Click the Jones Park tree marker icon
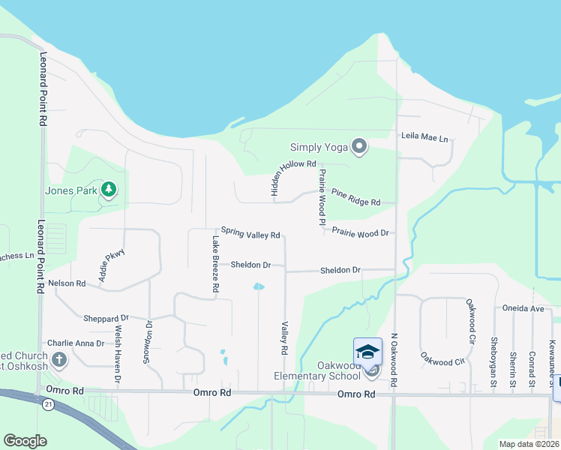coord(109,190)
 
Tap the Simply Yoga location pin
coord(359,147)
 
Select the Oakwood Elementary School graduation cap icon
coord(367,351)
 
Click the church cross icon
coord(59,359)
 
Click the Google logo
coord(25,441)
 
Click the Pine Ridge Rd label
coord(355,199)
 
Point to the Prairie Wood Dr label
coord(359,232)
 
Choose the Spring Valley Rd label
coord(250,234)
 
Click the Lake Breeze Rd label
coord(215,264)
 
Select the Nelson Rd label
coord(67,283)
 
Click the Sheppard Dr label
coord(106,317)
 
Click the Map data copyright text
coord(529,444)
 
